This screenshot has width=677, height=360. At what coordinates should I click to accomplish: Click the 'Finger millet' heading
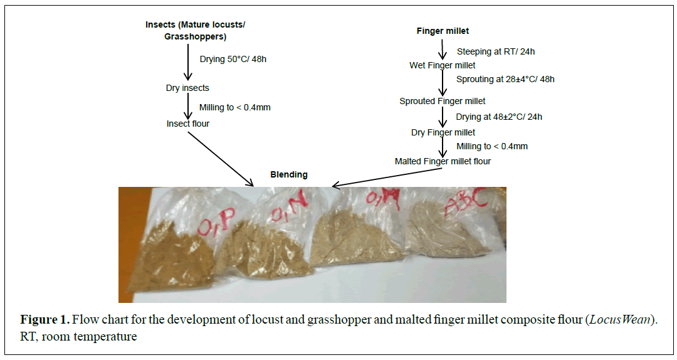point(443,31)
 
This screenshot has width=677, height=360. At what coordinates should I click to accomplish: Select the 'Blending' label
point(288,174)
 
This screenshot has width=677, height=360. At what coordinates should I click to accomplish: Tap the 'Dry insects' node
point(187,88)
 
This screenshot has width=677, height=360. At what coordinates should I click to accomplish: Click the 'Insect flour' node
point(187,124)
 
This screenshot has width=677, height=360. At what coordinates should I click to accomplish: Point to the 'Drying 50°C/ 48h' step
point(228,60)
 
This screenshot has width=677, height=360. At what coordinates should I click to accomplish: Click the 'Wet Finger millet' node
point(442,65)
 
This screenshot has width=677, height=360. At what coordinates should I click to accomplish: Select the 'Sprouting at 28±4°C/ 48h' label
point(505,79)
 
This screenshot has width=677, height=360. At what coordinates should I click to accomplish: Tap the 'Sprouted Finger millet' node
point(442,101)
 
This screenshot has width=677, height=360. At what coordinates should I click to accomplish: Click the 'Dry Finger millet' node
point(443,132)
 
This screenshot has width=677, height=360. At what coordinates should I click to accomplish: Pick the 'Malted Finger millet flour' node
point(443,161)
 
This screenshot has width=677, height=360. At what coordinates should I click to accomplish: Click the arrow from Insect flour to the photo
point(220,158)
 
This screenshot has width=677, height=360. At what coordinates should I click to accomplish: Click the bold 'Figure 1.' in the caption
point(45,320)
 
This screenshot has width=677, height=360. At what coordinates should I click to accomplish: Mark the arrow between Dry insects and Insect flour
point(187,105)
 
